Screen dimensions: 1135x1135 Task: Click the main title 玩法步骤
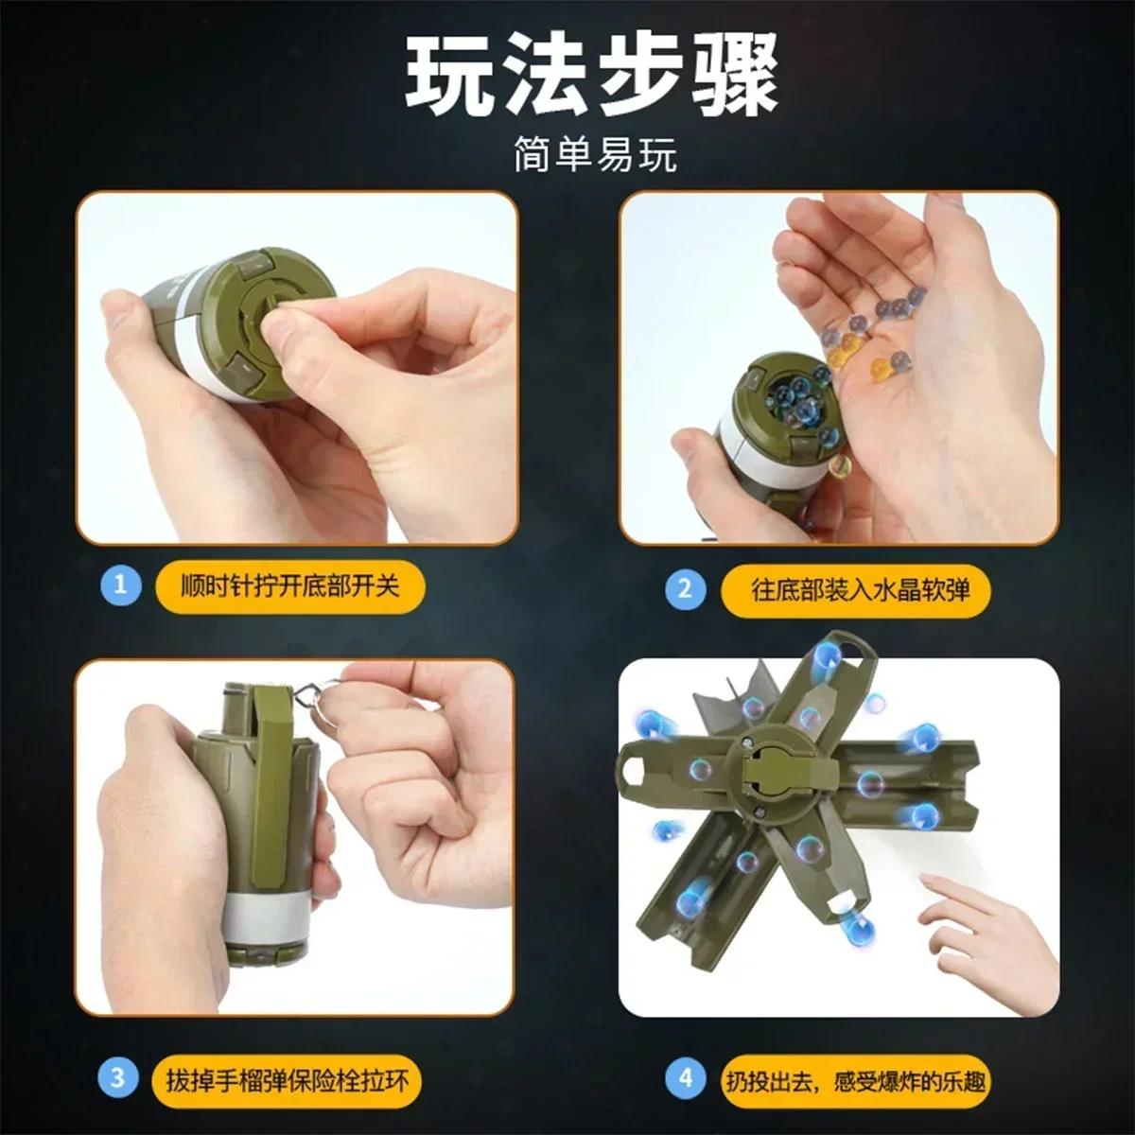[593, 76]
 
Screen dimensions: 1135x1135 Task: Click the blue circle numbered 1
[120, 585]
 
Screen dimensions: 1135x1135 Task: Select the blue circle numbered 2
[685, 589]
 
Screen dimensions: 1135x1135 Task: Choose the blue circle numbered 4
[685, 1077]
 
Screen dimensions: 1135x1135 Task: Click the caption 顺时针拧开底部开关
[290, 585]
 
